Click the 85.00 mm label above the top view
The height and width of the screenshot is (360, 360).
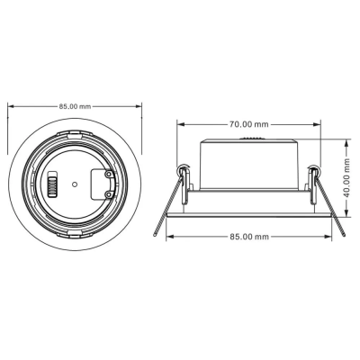click(75, 105)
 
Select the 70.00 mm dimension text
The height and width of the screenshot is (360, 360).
click(248, 123)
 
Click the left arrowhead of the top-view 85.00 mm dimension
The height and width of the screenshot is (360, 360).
click(11, 105)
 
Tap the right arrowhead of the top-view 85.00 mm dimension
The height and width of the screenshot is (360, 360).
click(139, 105)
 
